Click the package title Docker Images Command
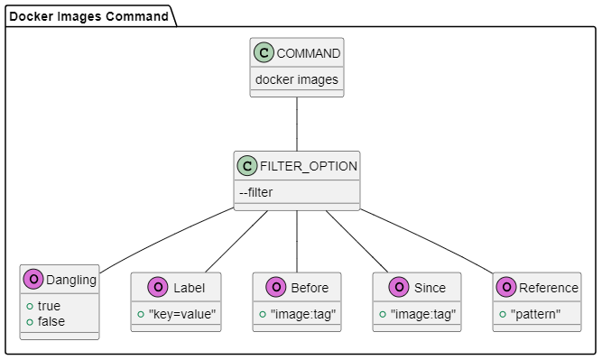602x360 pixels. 88,16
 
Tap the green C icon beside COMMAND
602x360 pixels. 264,53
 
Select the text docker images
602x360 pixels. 297,79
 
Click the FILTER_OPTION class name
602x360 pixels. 308,166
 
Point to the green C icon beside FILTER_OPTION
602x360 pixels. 247,166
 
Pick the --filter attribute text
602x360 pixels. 256,192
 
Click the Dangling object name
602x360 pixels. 71,281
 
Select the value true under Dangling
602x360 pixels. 49,306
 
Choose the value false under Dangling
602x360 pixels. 51,321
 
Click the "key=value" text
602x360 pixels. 182,314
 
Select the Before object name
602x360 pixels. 310,288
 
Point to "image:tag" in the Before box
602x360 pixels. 301,314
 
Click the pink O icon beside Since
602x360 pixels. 399,288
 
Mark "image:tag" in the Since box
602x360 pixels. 422,314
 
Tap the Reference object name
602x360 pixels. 549,288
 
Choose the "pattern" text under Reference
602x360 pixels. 535,314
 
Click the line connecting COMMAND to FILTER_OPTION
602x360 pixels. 297,124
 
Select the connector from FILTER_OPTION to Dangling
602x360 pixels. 167,240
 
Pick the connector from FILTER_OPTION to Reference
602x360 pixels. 426,240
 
